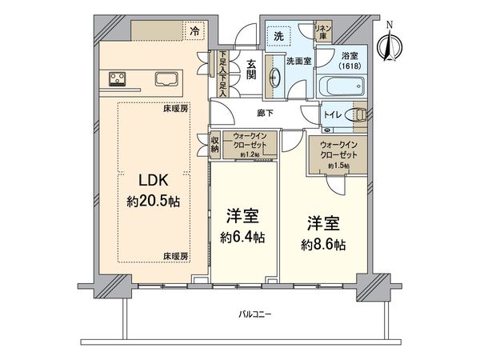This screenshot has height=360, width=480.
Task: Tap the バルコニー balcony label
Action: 255,314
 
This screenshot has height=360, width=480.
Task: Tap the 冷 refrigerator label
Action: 193,30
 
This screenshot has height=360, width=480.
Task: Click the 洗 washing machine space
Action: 278,37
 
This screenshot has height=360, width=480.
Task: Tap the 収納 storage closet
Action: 215,145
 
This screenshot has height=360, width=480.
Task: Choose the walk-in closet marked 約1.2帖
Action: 250,145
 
